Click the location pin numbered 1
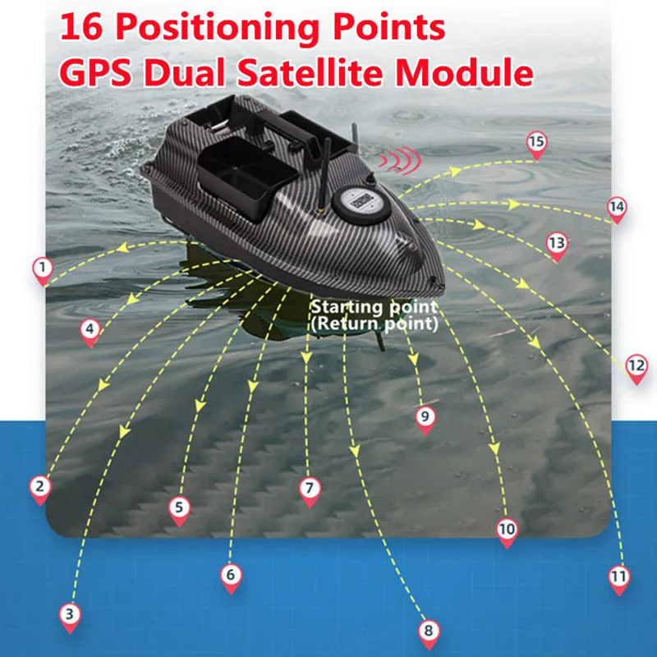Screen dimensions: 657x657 [43, 272]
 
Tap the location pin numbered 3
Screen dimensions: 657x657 [70, 618]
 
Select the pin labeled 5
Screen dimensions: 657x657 [179, 511]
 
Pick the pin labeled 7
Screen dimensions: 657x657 [310, 492]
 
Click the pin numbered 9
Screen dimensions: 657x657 [425, 420]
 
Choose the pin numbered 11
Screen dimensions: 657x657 [619, 581]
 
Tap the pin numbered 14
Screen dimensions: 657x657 [617, 210]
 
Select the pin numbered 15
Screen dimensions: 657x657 [537, 146]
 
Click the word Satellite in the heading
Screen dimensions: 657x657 [310, 72]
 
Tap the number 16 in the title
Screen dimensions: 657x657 [81, 26]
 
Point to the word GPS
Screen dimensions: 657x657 [95, 72]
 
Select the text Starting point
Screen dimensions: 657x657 [374, 307]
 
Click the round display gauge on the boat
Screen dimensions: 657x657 [361, 203]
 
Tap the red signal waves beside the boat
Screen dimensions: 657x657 [399, 160]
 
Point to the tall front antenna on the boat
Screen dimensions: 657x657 [324, 174]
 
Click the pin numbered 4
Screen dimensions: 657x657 [90, 333]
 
